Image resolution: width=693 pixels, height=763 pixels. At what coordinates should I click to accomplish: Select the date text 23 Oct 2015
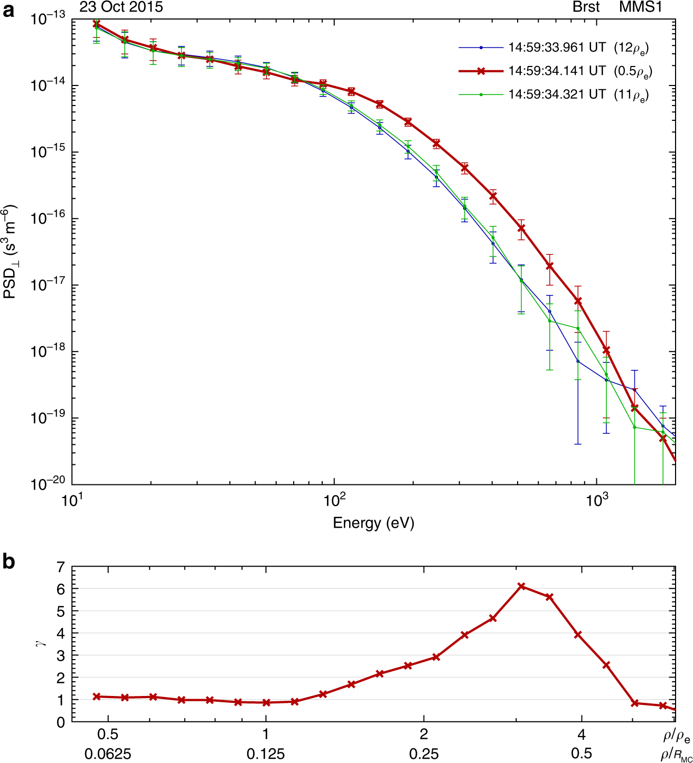[121, 7]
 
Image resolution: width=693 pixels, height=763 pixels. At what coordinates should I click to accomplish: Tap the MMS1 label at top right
[640, 7]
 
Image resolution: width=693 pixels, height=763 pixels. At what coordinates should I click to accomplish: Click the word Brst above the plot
[586, 7]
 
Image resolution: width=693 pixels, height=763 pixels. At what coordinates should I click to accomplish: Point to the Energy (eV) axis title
[373, 523]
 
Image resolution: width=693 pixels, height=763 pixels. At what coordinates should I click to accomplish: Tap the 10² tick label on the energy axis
[334, 499]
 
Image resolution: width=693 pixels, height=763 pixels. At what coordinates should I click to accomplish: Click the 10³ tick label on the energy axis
[596, 499]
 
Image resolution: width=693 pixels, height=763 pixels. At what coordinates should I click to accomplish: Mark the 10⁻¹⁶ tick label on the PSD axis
[48, 218]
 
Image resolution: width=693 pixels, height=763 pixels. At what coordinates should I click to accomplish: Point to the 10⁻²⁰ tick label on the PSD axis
[48, 484]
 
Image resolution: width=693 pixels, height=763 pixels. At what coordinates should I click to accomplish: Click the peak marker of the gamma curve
[521, 586]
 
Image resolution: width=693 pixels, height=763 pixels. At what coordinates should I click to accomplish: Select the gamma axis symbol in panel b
[44, 643]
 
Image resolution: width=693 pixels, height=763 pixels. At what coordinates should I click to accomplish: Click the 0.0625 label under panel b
[108, 754]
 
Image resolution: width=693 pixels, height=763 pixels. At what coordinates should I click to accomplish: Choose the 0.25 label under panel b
[424, 754]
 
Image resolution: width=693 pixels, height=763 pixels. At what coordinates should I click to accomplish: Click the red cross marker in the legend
[481, 71]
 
